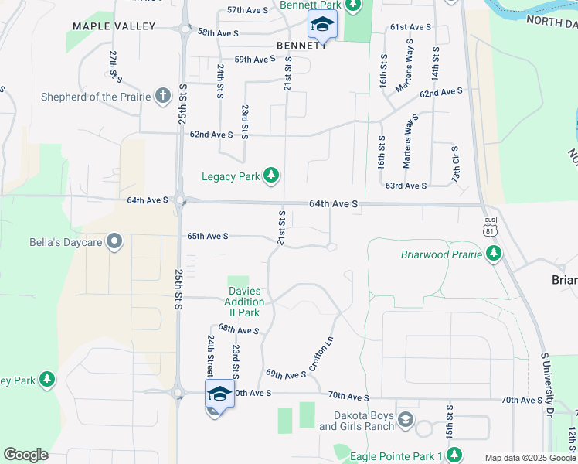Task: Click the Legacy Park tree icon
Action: click(x=270, y=176)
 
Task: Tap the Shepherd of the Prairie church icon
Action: click(x=162, y=97)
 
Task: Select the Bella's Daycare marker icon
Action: click(x=115, y=243)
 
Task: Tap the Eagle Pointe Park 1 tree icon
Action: click(x=455, y=455)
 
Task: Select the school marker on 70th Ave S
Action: click(x=219, y=394)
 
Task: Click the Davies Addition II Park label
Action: click(x=243, y=302)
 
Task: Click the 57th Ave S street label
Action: click(x=247, y=10)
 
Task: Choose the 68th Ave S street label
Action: click(x=238, y=329)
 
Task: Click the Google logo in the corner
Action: click(x=25, y=455)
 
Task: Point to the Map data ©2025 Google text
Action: click(x=530, y=458)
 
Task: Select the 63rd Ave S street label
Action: click(x=406, y=186)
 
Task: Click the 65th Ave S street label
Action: click(x=208, y=236)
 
